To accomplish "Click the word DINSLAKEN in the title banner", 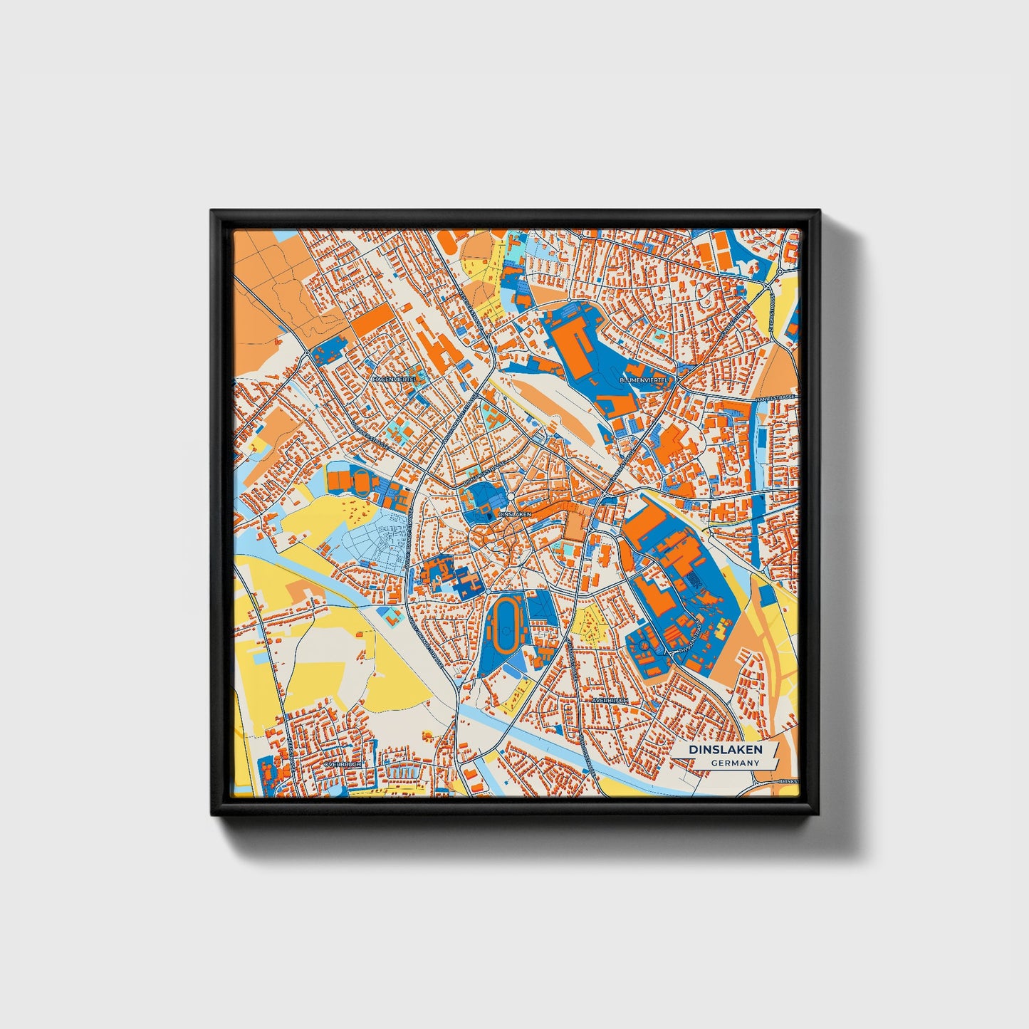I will click(725, 749).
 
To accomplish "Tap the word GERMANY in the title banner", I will click(735, 763).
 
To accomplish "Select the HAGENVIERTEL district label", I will click(395, 380).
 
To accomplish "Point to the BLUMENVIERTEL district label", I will click(644, 380).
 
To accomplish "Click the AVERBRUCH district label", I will click(610, 700).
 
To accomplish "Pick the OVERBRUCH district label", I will click(343, 763).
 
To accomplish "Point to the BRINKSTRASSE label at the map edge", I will click(789, 782).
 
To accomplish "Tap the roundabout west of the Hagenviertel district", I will click(307, 352).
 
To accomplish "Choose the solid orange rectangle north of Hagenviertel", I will click(372, 320).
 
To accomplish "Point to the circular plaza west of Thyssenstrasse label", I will click(644, 644).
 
